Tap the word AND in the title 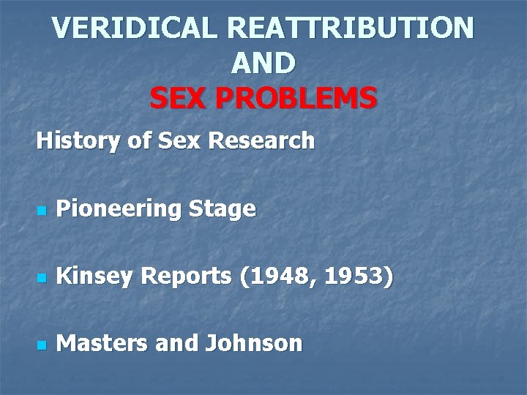click(x=263, y=64)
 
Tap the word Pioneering click(x=119, y=210)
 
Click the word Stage click(x=222, y=210)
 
